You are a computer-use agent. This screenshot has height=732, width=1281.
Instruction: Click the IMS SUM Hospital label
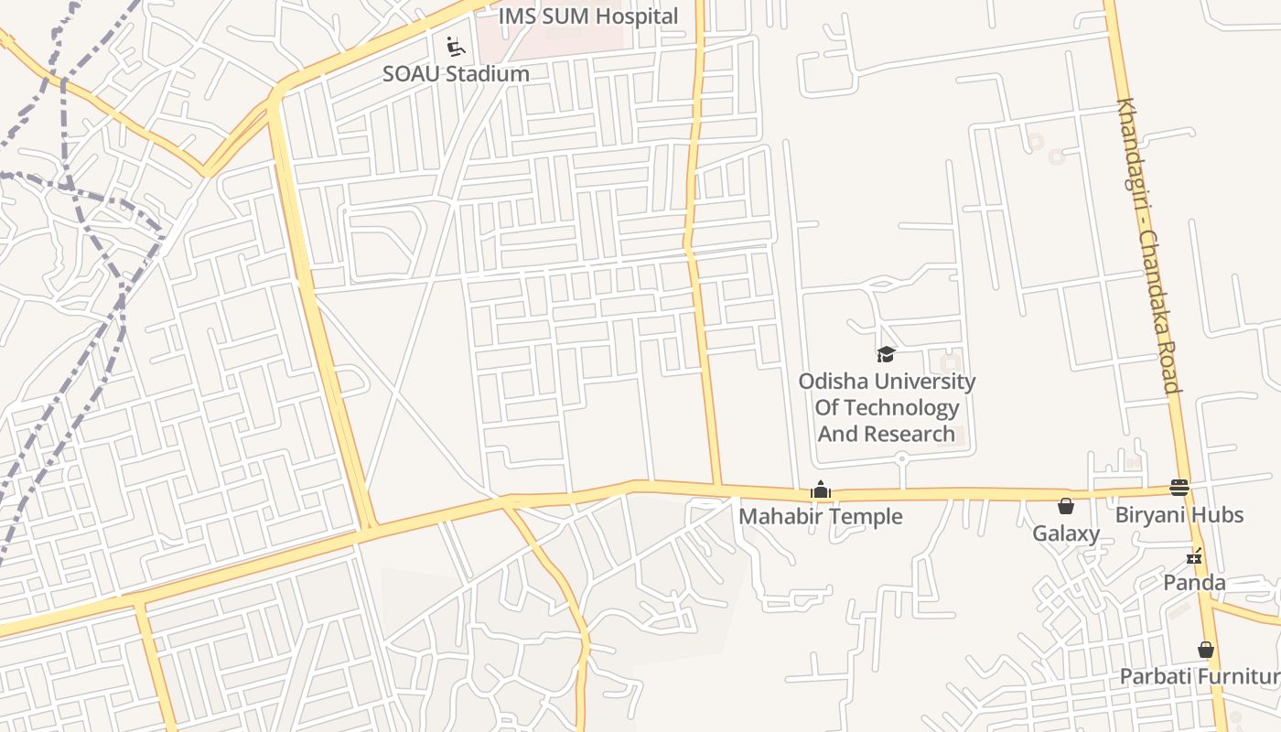[x=588, y=16]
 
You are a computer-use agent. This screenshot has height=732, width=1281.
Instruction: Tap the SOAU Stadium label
[x=456, y=74]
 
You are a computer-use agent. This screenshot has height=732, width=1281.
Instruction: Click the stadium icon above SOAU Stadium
[x=455, y=46]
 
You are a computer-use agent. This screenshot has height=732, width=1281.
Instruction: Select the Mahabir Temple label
[x=820, y=517]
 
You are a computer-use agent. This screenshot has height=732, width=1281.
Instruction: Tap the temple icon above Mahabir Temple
[x=821, y=490]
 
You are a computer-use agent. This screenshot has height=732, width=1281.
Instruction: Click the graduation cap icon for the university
[x=886, y=354]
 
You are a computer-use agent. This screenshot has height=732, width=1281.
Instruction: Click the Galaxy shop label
[x=1066, y=533]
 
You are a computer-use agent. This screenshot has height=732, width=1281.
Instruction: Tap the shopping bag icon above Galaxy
[x=1066, y=506]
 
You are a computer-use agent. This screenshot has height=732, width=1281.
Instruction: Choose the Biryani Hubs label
[x=1179, y=515]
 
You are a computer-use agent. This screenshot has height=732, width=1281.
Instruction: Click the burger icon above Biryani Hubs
[x=1179, y=488]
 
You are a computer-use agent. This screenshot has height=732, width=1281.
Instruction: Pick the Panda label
[x=1194, y=583]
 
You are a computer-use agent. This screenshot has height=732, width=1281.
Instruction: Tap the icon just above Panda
[x=1194, y=555]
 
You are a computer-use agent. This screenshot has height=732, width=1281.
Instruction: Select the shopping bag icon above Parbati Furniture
[x=1206, y=651]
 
